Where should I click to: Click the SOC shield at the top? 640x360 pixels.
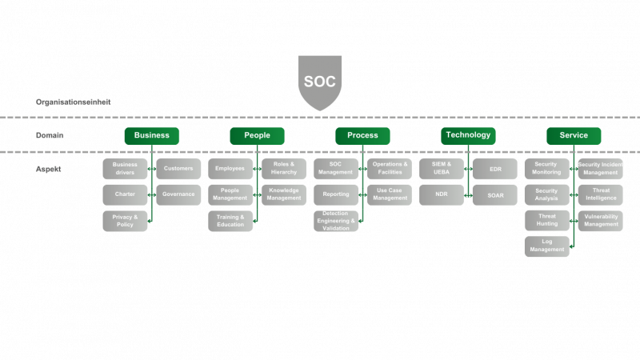point(320,81)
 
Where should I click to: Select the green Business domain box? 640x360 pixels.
point(151,135)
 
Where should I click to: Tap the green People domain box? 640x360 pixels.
point(257,135)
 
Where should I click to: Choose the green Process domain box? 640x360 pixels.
point(362,135)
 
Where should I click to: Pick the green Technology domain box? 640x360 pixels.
point(468,135)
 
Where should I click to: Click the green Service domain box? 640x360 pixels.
point(574,135)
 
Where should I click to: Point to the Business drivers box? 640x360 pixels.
point(125,169)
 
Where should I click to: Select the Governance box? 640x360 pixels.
point(178,194)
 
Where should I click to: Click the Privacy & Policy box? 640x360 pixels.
point(125,221)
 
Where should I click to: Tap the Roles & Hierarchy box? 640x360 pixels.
point(283,169)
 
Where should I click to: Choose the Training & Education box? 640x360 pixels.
point(230,221)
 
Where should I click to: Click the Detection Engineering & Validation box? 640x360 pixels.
point(336,221)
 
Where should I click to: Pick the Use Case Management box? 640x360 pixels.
point(390,194)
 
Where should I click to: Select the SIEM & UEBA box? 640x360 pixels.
point(442,169)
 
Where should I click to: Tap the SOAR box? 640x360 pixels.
point(495,194)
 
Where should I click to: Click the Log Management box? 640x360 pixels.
point(547,246)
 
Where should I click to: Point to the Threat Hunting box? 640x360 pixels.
point(547,221)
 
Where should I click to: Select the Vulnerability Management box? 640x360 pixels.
point(600,221)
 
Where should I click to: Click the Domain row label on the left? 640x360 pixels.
point(50,135)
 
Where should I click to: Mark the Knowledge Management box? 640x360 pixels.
point(283,194)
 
